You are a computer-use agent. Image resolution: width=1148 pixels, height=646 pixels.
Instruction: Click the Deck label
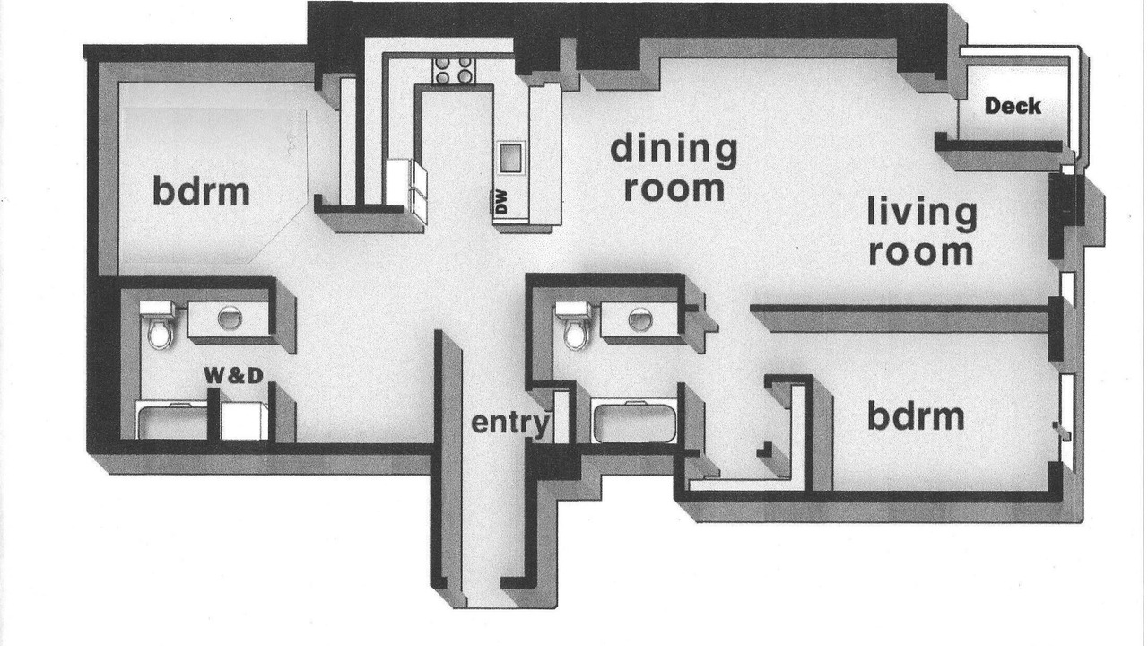tap(1013, 106)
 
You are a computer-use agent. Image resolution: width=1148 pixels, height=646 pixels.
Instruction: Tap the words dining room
tap(674, 167)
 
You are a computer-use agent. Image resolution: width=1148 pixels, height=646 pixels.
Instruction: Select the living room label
tap(922, 231)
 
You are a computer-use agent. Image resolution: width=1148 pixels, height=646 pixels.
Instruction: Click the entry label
tap(510, 423)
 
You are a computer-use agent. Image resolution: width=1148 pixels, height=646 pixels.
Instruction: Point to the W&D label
tap(234, 375)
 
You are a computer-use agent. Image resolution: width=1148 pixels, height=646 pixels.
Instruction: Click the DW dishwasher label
tap(501, 202)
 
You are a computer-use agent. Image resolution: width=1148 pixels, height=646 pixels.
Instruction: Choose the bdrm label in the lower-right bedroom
tap(916, 416)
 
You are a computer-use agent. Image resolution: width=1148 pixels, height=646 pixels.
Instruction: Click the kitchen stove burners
tap(454, 70)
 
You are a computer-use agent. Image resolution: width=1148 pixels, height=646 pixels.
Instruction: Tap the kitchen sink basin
tap(510, 157)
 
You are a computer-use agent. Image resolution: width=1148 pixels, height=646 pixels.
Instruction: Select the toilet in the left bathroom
tap(158, 325)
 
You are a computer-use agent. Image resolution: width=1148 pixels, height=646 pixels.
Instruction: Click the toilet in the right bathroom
tap(573, 326)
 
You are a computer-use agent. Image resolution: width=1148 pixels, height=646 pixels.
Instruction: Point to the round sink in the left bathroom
tap(230, 318)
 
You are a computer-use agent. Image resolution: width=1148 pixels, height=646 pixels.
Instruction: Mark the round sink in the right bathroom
tap(640, 319)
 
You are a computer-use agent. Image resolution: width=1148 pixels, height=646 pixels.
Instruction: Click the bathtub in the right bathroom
tap(634, 421)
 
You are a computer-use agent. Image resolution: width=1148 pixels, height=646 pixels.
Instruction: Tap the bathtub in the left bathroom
tap(171, 421)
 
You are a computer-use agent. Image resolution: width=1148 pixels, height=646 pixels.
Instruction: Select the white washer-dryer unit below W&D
tap(244, 421)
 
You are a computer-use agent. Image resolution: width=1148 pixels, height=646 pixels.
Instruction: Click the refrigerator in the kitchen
tap(406, 191)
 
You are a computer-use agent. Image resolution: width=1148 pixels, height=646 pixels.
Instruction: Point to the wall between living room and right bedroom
tap(900, 309)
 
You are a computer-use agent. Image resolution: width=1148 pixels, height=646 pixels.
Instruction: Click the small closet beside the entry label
tap(561, 416)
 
